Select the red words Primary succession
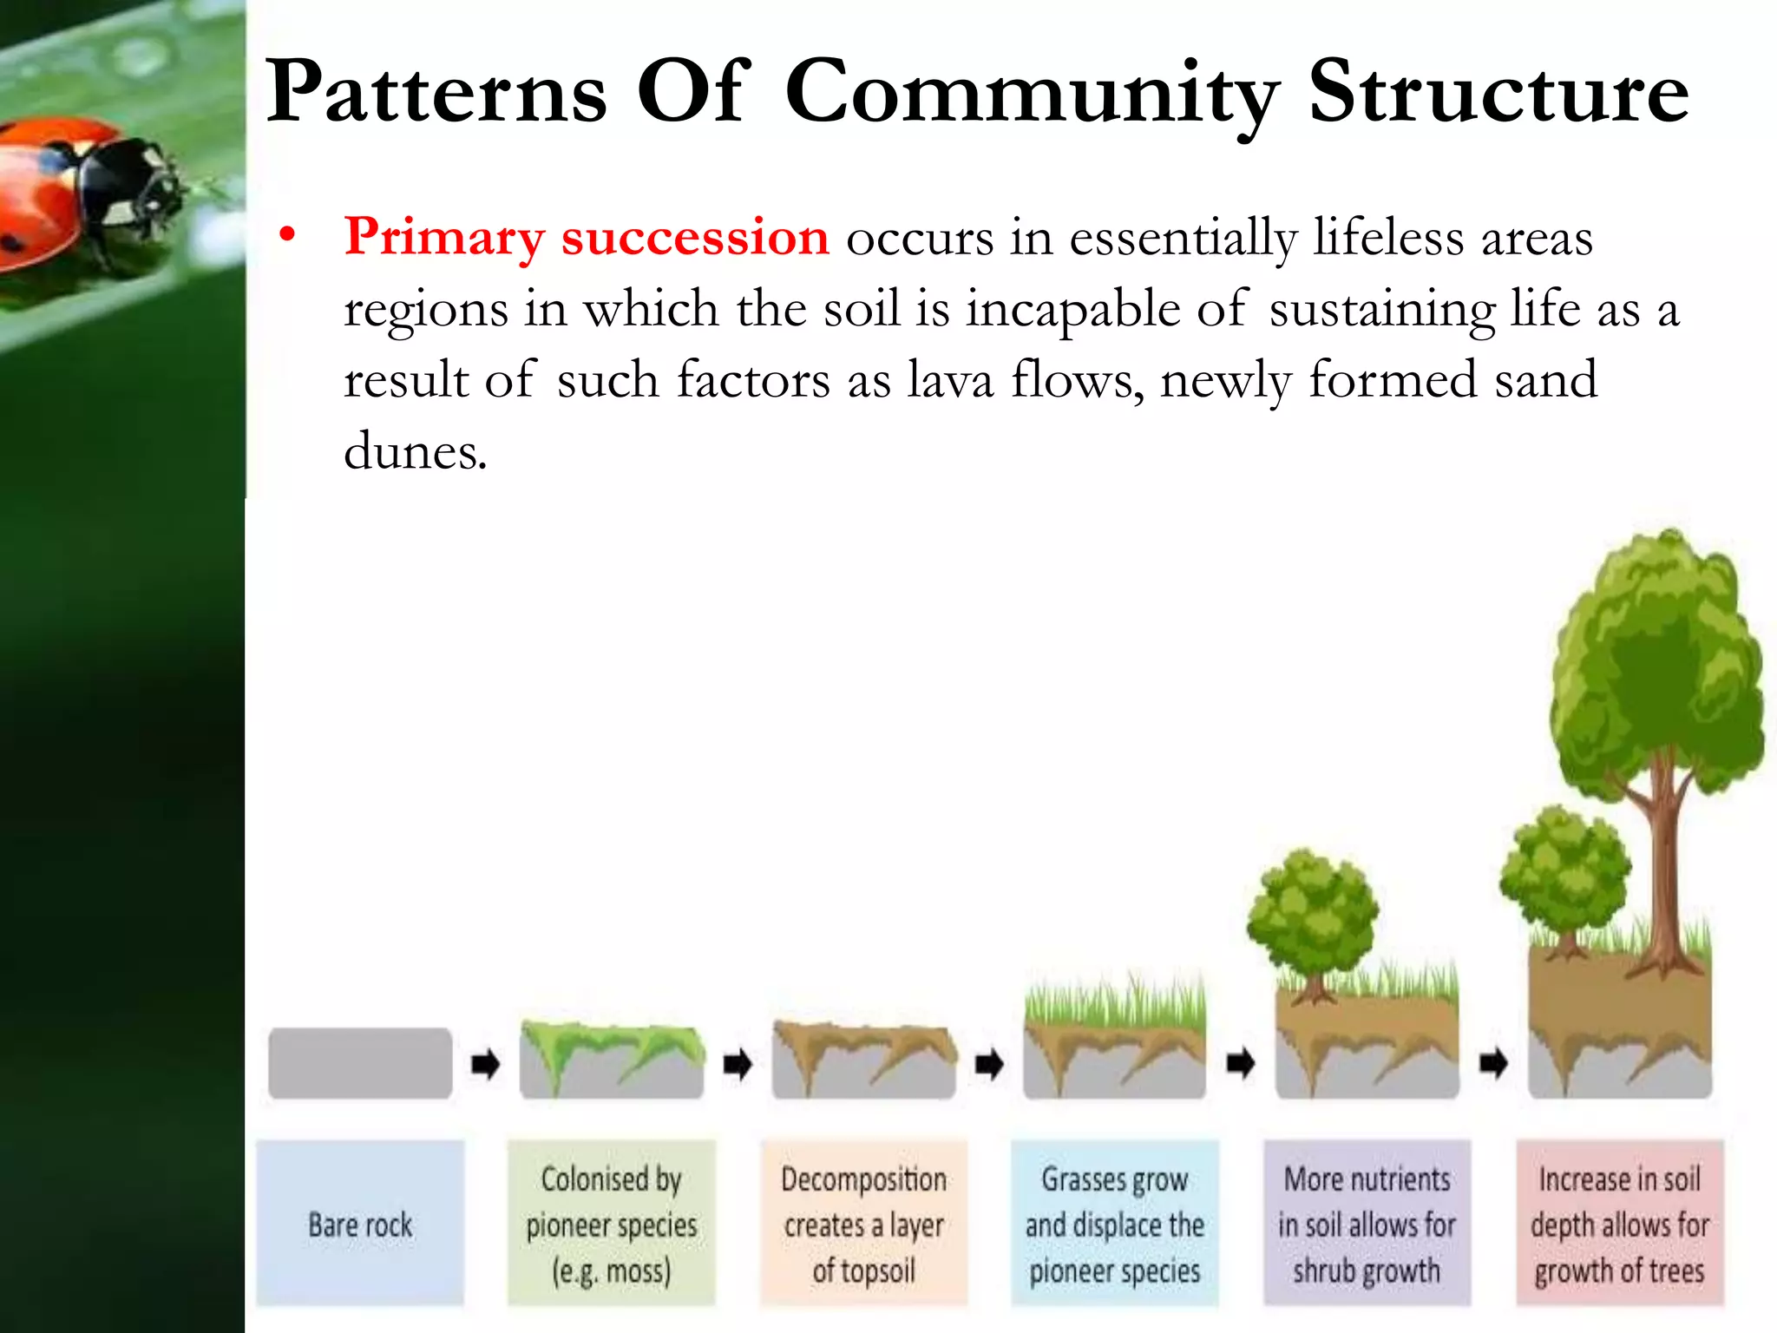(x=587, y=237)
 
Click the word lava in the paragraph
(x=950, y=380)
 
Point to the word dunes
(x=415, y=452)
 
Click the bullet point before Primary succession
(x=287, y=235)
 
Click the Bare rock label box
(x=360, y=1223)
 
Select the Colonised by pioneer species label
(x=612, y=1223)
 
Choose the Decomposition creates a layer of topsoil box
(x=863, y=1223)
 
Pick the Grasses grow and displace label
(x=1115, y=1223)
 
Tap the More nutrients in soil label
(x=1367, y=1223)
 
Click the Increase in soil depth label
(x=1619, y=1223)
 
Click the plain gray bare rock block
(x=360, y=1063)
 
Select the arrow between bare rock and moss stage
(x=485, y=1062)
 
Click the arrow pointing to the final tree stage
(x=1493, y=1062)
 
